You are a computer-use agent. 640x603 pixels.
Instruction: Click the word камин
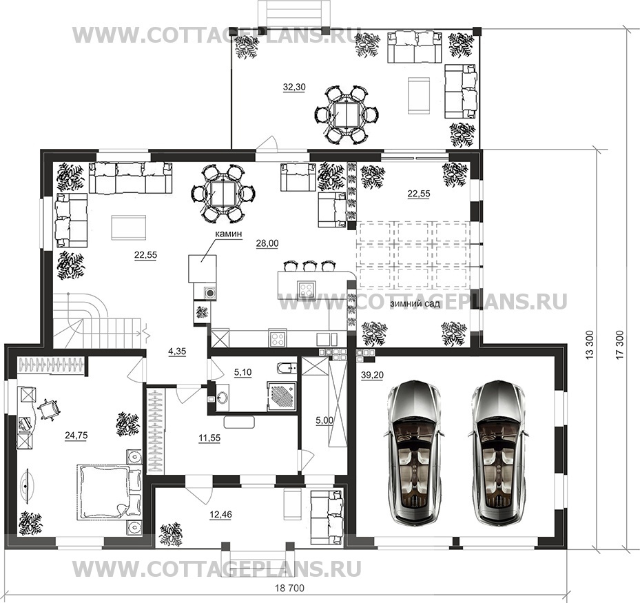229,234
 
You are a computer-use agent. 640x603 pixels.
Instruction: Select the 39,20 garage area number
372,375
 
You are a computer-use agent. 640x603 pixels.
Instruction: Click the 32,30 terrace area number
294,87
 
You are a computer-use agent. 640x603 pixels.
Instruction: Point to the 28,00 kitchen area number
267,244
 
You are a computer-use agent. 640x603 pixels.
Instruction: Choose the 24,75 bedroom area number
76,436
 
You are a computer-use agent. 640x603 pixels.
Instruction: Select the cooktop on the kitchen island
306,290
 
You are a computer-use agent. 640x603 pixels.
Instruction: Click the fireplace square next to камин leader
202,269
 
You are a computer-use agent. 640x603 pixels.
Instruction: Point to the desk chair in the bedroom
49,408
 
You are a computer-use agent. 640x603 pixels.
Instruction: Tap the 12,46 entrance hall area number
220,515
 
